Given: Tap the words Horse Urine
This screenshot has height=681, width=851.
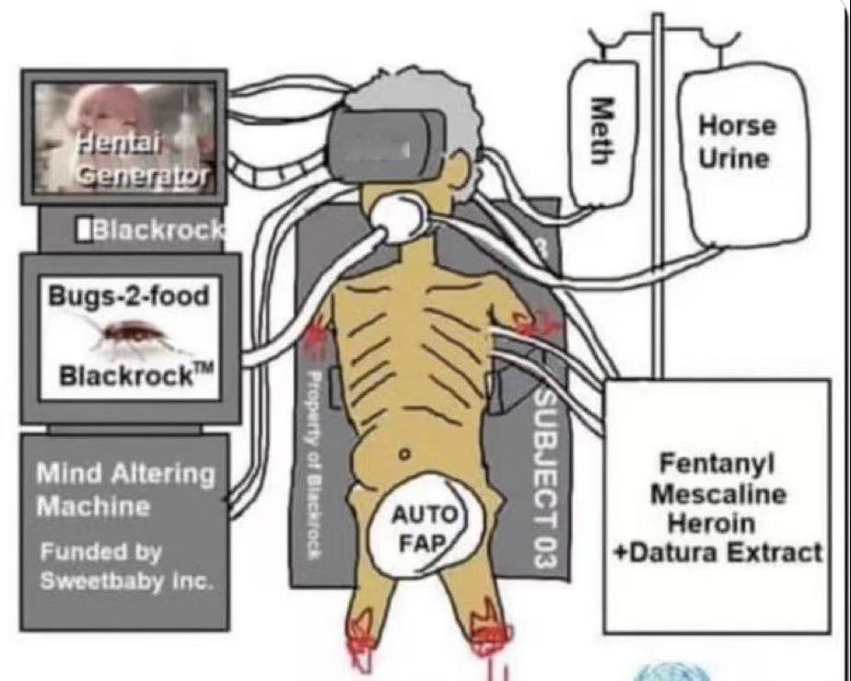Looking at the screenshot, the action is (x=737, y=142).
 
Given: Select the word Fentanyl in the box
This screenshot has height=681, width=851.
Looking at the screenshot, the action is (x=717, y=465).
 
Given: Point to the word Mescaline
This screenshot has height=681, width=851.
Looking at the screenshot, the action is (x=718, y=494).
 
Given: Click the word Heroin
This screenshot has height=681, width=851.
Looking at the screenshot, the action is (x=712, y=524).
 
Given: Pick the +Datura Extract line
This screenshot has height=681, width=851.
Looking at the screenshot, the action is (x=718, y=553).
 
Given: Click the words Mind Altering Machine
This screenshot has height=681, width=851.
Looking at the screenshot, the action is (x=125, y=491).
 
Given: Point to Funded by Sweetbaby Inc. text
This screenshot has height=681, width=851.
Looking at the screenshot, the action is (x=125, y=567).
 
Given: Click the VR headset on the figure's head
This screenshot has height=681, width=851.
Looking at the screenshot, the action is (x=387, y=141).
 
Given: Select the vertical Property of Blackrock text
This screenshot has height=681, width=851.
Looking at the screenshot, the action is (x=313, y=463).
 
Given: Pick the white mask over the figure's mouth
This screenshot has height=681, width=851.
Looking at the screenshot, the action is (x=398, y=217).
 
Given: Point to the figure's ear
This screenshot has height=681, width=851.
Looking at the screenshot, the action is (x=458, y=163).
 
